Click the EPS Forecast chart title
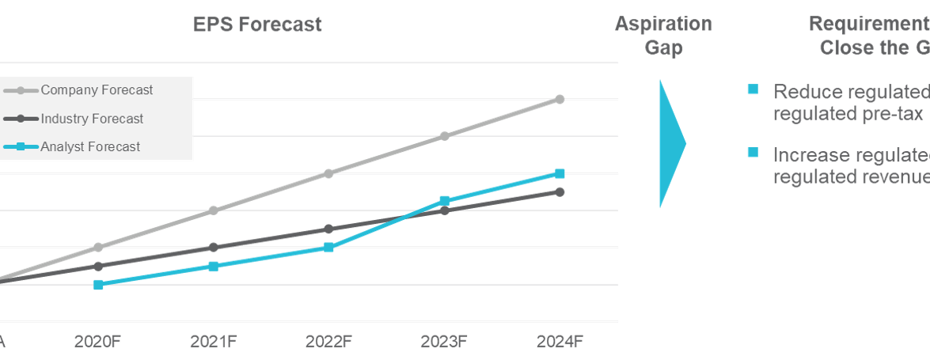coord(257,25)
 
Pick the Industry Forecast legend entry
coord(92,119)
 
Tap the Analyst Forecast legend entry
coord(90,146)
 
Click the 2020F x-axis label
coord(97,342)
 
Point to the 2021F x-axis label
coord(213,342)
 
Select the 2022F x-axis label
coord(328,342)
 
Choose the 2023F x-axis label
coord(444,342)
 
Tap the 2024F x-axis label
coord(560,342)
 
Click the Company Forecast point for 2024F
coord(560,99)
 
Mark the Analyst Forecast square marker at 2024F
coord(560,173)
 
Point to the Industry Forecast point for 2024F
coord(560,191)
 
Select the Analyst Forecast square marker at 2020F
coord(98,284)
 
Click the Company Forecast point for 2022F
coord(328,173)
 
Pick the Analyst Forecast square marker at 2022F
coord(328,247)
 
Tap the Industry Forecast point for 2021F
coord(213,247)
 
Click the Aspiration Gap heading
coord(663,36)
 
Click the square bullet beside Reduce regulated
coord(753,89)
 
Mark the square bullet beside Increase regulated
coord(753,153)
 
